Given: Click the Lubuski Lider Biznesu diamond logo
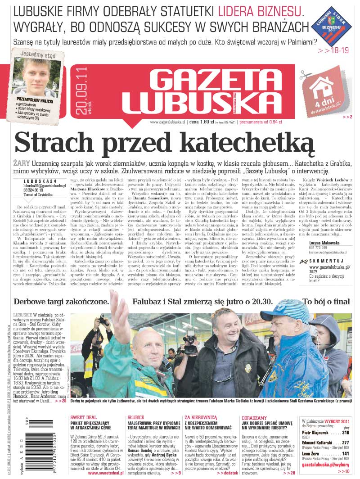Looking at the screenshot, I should (332, 25).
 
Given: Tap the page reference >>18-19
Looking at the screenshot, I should (333, 50).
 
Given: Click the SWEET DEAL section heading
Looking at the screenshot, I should (84, 417).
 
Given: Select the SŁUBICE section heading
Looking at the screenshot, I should (135, 417).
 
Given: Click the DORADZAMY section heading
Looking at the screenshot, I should (254, 417).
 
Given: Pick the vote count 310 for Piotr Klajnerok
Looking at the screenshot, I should (346, 432).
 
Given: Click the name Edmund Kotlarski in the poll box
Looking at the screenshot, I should (317, 443).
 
